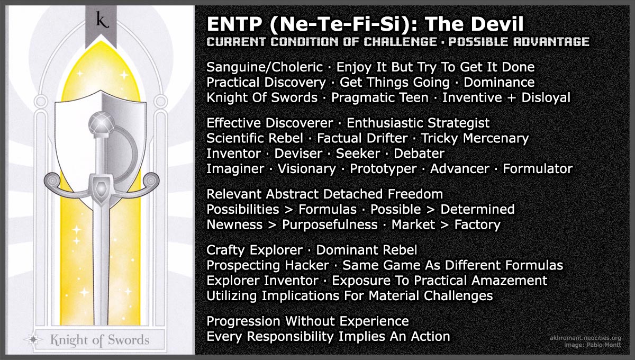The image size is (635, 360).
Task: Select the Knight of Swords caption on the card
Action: coord(99,339)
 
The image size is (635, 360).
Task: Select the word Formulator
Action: coord(538,168)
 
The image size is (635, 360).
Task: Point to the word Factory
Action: coord(477,224)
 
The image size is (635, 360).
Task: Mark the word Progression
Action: coord(243,321)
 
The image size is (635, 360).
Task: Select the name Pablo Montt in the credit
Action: coord(605,345)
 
